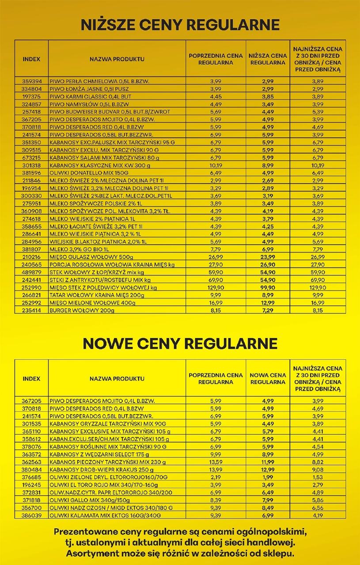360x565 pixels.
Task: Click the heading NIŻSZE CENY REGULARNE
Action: point(180,25)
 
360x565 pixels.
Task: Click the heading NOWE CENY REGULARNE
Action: point(180,343)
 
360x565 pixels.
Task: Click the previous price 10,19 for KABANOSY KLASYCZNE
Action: point(216,166)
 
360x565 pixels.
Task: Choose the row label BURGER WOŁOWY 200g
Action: point(82,311)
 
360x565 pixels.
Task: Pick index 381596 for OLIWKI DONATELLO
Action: point(31,173)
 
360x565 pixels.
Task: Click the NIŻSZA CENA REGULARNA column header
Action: point(268,59)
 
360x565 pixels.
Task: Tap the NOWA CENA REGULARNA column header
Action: point(268,378)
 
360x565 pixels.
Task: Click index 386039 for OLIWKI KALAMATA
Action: point(31,515)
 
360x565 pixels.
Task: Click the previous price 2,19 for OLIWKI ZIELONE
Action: point(216,477)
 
